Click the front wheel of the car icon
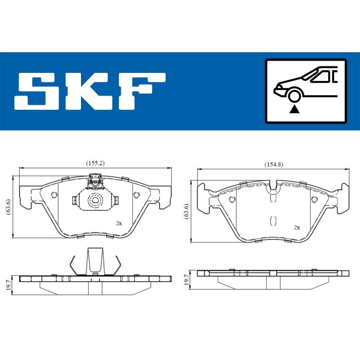click(x=294, y=96)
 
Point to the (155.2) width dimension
click(x=95, y=163)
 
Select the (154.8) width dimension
click(x=274, y=164)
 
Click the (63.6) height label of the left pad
click(x=9, y=207)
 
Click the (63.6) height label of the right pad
click(x=187, y=211)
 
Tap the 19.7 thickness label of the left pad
click(x=9, y=285)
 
